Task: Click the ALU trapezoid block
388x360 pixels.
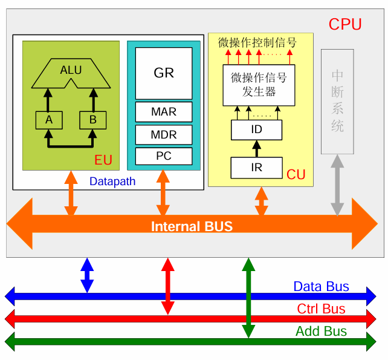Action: (x=71, y=71)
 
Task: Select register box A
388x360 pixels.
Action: (x=49, y=120)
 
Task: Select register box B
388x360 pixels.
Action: (x=92, y=120)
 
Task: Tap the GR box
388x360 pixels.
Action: (x=164, y=73)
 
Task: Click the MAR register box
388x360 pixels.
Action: (x=164, y=112)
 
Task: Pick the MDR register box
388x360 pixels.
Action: (x=164, y=134)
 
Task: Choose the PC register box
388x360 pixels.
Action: (x=164, y=155)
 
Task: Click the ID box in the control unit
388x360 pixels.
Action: (x=256, y=129)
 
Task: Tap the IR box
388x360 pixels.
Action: (x=256, y=167)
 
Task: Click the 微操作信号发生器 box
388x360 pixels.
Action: (x=258, y=85)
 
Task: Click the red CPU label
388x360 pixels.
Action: (x=345, y=25)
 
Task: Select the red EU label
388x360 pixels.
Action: (x=103, y=161)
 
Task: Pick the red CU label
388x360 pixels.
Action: (x=296, y=175)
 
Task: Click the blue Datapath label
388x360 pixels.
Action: (x=112, y=181)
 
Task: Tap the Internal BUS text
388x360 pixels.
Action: (x=192, y=227)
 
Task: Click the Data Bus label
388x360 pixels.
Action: (x=321, y=287)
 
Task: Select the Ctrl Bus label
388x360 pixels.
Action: (x=321, y=309)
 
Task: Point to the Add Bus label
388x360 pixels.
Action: (x=321, y=332)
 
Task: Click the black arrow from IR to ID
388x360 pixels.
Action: (x=256, y=148)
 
